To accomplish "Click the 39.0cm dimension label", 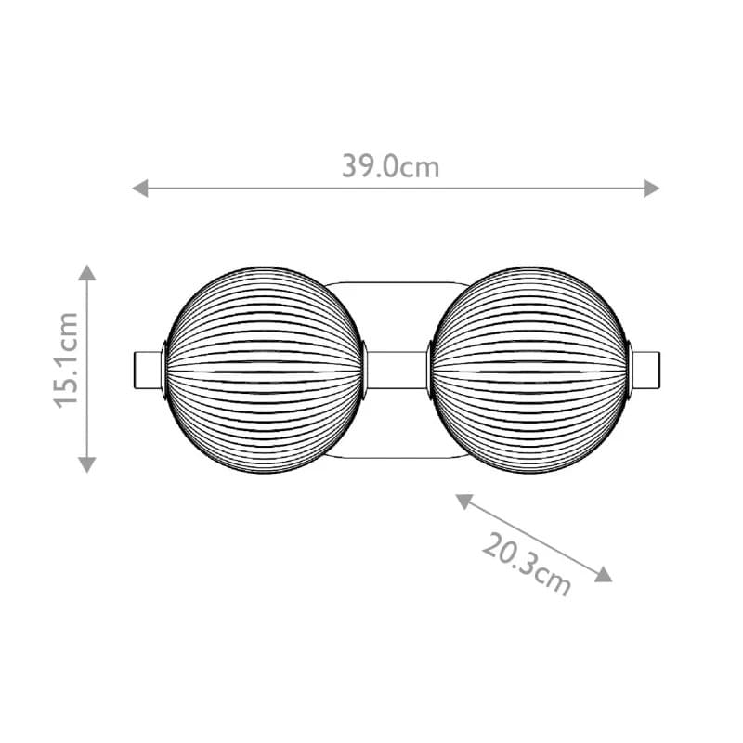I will click(390, 167).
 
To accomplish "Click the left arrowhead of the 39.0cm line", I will click(140, 189).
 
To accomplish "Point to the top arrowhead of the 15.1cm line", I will click(86, 272).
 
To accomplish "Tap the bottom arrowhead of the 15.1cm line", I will click(86, 463).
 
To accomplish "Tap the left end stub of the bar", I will click(147, 369).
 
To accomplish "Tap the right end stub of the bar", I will click(647, 369).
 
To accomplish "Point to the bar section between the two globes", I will click(398, 369).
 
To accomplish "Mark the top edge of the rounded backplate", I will click(398, 280).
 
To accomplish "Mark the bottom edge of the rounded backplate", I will click(398, 458).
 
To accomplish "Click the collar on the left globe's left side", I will click(164, 369).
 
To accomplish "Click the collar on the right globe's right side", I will click(631, 369).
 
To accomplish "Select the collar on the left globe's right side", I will click(365, 369).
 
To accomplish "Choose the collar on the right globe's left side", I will click(430, 369).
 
